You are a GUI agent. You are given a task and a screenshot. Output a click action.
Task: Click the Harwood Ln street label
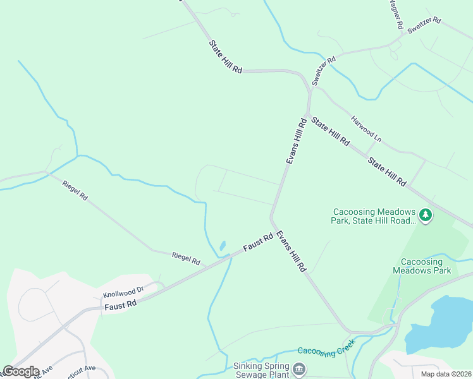click(367, 128)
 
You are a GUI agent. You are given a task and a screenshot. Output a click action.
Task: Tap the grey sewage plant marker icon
click(300, 368)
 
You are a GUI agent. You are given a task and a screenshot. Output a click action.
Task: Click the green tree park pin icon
click(426, 215)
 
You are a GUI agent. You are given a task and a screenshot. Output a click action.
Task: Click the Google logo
click(21, 371)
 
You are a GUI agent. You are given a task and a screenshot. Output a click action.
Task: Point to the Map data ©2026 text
click(446, 374)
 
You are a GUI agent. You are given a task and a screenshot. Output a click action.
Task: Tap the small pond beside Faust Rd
click(222, 246)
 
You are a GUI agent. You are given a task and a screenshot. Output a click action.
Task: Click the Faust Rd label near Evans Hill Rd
click(259, 241)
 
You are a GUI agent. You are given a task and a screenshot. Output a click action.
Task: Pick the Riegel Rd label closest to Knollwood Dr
click(186, 258)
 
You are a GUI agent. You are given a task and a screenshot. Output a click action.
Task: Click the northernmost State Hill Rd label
click(226, 57)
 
